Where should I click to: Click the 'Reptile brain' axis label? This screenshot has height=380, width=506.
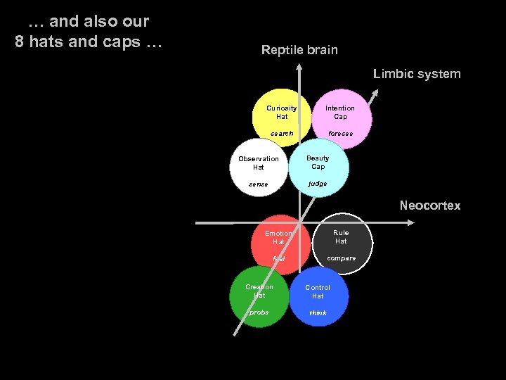point(299,50)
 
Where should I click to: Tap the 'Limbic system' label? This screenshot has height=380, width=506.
point(417,74)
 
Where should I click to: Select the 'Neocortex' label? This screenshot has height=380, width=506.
point(429,205)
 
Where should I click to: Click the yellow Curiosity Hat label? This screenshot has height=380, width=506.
point(282,113)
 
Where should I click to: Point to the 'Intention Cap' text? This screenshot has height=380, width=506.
point(340,113)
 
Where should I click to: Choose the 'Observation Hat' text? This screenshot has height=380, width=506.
point(259,163)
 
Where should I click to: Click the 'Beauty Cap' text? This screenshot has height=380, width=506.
point(318,163)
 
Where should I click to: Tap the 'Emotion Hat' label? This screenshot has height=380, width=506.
point(278,237)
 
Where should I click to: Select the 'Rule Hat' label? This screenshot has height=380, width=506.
point(341,237)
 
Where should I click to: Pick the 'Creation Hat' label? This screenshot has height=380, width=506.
point(259,291)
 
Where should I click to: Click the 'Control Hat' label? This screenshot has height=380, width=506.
point(318,292)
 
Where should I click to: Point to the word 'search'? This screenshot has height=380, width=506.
point(282,134)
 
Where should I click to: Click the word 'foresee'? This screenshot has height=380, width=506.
point(341,134)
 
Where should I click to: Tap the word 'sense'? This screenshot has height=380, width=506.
point(258,184)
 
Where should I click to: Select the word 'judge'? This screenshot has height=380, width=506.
point(318,184)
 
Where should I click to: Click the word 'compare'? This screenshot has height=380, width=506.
point(342,258)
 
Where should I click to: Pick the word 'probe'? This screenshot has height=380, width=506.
point(259,312)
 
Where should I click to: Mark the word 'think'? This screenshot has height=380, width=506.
point(318,313)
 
